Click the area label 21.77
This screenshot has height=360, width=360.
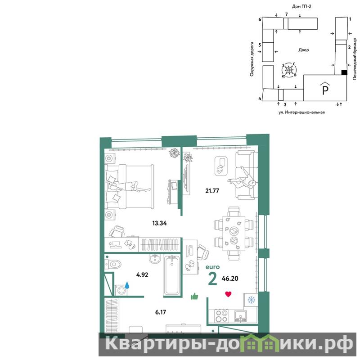tap(212, 191)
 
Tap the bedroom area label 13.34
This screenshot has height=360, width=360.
tap(159, 223)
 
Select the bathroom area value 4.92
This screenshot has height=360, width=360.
tap(142, 274)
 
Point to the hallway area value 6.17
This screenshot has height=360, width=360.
tap(160, 312)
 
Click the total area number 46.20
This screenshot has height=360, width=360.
tap(230, 279)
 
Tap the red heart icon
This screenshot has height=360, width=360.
tap(228, 294)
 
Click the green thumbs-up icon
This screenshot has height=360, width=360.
tap(194, 297)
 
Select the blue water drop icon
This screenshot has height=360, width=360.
tap(127, 285)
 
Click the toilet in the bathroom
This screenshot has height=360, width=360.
tap(113, 265)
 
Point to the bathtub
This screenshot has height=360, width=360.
tap(172, 275)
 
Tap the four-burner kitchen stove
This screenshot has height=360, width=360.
tap(221, 316)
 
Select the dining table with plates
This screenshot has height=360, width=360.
tap(234, 233)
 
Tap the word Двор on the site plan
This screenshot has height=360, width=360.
tap(303, 50)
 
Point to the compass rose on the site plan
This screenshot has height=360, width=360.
tap(289, 70)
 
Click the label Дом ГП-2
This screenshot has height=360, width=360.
tap(301, 6)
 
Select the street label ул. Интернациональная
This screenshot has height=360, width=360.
tap(301, 112)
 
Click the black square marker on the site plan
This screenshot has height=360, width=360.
tap(344, 72)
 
